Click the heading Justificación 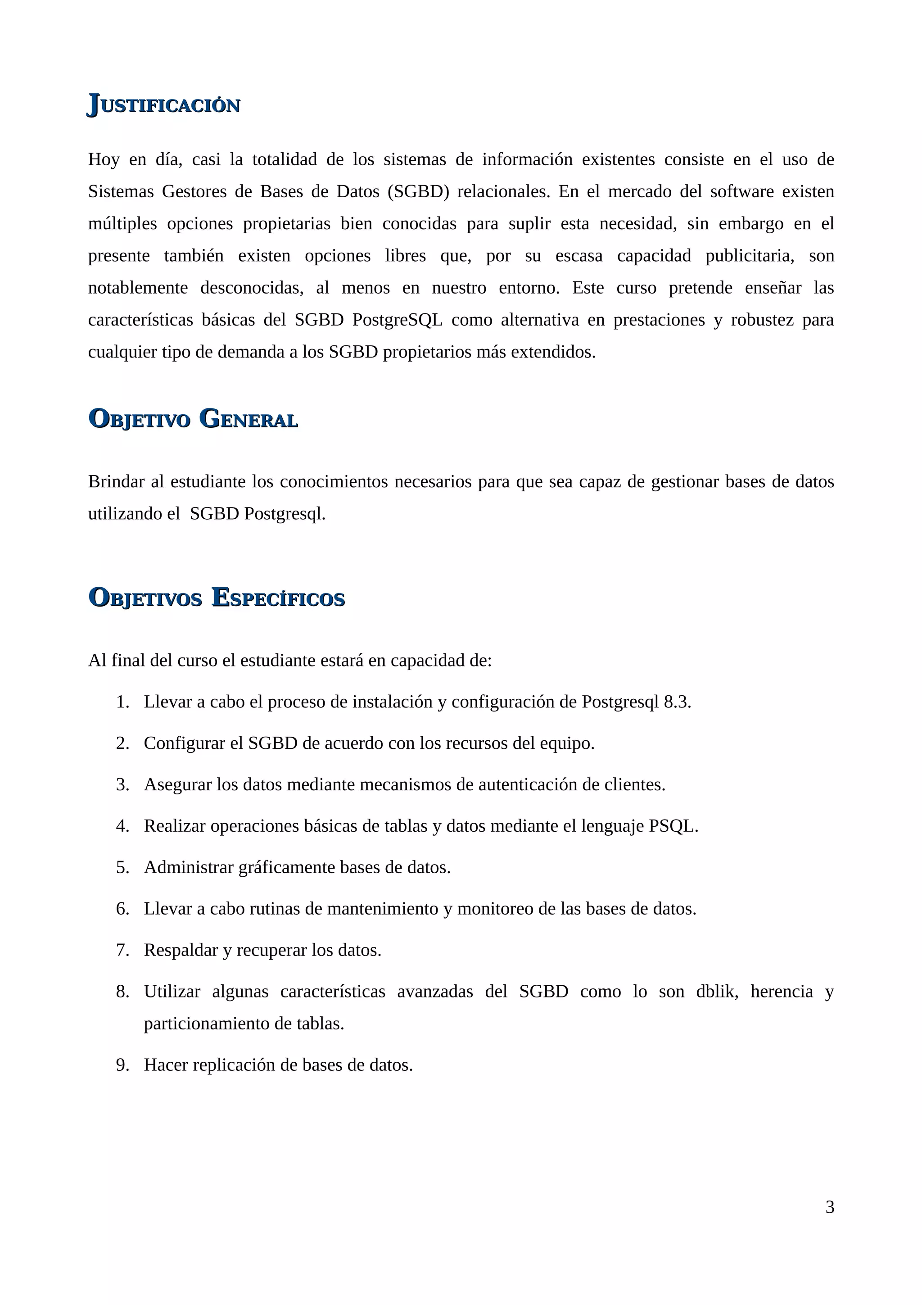point(163,104)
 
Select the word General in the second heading point(249,420)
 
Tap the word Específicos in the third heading point(278,598)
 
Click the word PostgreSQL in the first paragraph point(397,320)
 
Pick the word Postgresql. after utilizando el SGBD point(285,514)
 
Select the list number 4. point(122,826)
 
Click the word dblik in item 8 point(716,992)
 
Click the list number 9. point(122,1065)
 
